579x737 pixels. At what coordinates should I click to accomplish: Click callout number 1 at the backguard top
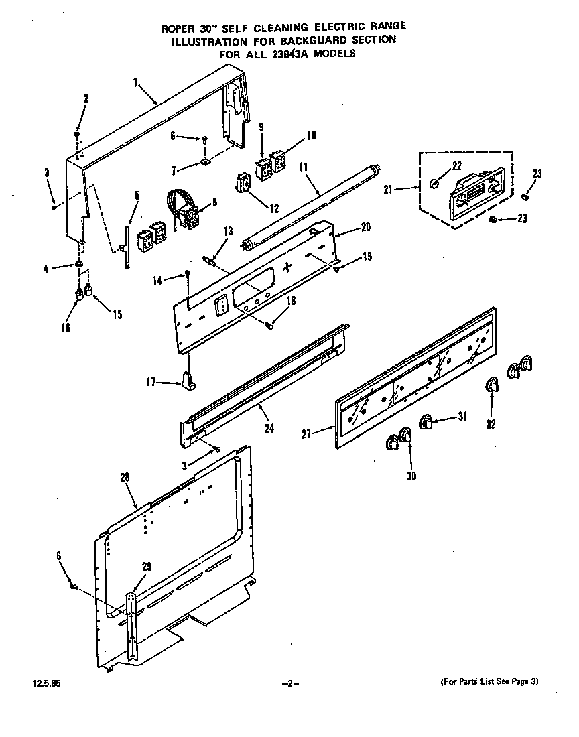pyautogui.click(x=135, y=82)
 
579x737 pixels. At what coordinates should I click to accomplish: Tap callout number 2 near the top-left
pyautogui.click(x=86, y=98)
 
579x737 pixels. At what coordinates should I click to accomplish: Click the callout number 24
pyautogui.click(x=269, y=429)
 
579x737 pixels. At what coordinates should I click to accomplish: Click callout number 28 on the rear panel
pyautogui.click(x=124, y=478)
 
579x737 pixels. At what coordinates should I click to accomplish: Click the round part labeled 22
pyautogui.click(x=434, y=184)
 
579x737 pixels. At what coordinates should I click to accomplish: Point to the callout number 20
pyautogui.click(x=365, y=227)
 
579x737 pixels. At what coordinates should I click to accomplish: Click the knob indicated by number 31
pyautogui.click(x=425, y=421)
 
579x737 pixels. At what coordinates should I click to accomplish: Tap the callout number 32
pyautogui.click(x=491, y=424)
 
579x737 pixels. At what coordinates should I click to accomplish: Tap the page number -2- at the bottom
pyautogui.click(x=289, y=683)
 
